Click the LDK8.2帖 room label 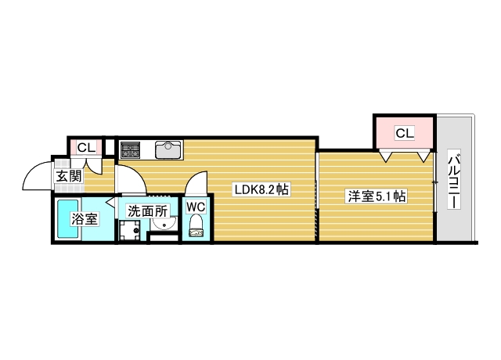(x=262, y=190)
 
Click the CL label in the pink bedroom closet (x=403, y=133)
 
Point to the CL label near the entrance (x=85, y=147)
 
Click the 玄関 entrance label (x=68, y=175)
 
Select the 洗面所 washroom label (x=149, y=211)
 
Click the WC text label (x=196, y=207)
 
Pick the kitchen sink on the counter (x=168, y=149)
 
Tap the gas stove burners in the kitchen (x=130, y=149)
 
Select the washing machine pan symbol (x=130, y=232)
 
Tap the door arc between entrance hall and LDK (x=132, y=178)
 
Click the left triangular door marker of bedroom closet (x=386, y=157)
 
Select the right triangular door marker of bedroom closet (x=423, y=157)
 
